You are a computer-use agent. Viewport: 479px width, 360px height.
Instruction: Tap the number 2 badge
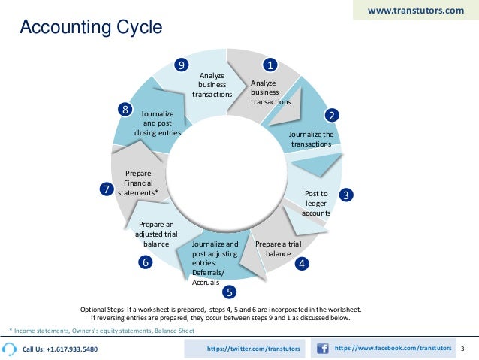(x=331, y=115)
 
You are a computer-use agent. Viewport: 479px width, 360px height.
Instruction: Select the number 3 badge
(x=346, y=195)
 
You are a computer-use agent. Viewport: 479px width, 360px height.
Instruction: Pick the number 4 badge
(x=301, y=264)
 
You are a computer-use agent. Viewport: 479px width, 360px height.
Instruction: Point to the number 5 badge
(x=230, y=291)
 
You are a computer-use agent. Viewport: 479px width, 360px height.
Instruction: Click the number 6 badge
(x=145, y=262)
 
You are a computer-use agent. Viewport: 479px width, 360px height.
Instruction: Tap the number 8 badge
(x=125, y=110)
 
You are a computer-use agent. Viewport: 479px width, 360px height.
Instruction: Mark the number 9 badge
(x=181, y=65)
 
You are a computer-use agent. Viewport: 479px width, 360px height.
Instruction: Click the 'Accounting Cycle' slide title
(x=90, y=29)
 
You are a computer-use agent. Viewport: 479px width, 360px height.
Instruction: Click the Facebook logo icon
(x=323, y=349)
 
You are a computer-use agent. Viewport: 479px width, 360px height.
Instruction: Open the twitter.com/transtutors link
(x=253, y=349)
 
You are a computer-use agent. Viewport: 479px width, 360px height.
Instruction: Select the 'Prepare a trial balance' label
(x=278, y=249)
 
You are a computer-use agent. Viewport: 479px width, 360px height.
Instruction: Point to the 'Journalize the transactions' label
(x=311, y=139)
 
